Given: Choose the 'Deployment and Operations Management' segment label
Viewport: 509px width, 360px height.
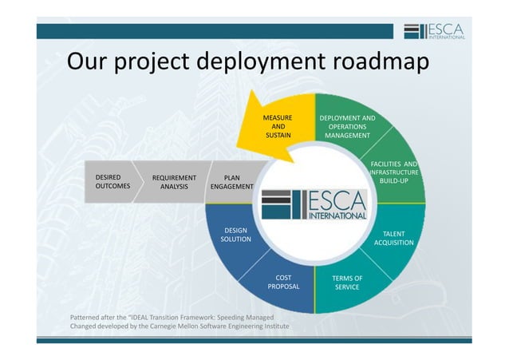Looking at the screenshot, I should point(347,127).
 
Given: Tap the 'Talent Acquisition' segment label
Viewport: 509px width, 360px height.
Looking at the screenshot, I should point(393,238).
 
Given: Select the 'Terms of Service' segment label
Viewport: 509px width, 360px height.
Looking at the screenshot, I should point(347,283).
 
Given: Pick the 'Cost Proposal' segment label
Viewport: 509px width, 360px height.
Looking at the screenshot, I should point(283,283).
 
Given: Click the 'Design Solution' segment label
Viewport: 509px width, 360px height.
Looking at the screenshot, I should point(235,235).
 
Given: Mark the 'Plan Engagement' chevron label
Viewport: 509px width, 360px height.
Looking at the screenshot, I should point(231,183).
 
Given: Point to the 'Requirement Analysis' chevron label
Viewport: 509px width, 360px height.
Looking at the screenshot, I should point(168,183).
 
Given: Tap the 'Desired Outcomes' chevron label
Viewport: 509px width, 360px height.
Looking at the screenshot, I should point(112,182).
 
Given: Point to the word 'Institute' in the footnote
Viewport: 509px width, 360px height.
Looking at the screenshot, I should point(272,326).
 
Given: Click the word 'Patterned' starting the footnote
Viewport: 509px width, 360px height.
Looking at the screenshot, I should point(86,317).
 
